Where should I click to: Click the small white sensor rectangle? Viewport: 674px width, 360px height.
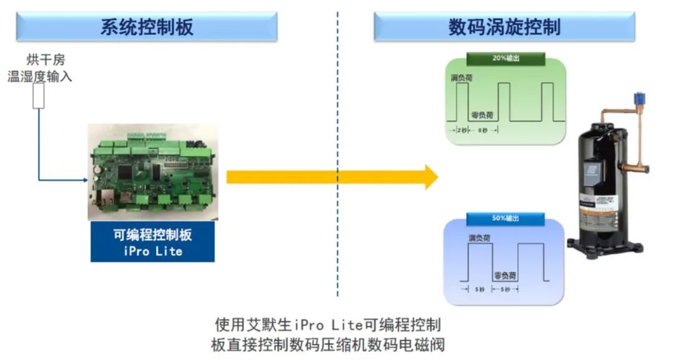tap(39, 96)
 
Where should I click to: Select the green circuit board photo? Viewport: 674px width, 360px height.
tap(153, 172)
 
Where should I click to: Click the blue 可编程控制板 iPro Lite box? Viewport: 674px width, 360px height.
tap(152, 243)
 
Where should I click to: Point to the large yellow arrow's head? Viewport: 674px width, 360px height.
tap(431, 177)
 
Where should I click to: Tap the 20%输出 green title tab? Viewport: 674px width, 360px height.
tap(506, 58)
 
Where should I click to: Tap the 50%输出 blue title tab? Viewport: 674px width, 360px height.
tap(506, 218)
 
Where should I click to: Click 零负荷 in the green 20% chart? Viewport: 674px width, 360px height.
tap(482, 114)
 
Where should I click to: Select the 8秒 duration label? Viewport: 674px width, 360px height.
tap(482, 131)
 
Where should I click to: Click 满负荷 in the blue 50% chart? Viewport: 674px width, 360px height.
tap(479, 238)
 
